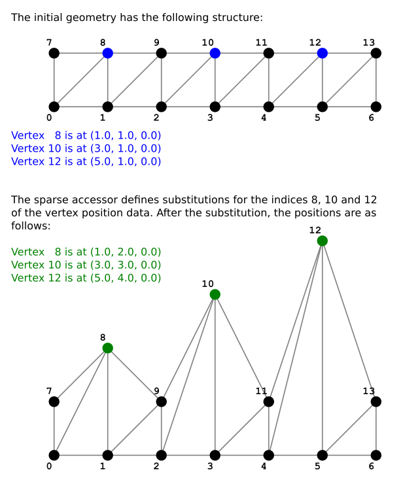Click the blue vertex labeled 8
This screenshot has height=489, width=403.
pyautogui.click(x=108, y=53)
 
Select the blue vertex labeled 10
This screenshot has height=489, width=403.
pyautogui.click(x=215, y=53)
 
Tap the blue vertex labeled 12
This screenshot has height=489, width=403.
pyautogui.click(x=323, y=53)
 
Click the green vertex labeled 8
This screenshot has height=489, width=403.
pyautogui.click(x=108, y=348)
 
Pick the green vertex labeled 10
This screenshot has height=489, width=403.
pyautogui.click(x=215, y=294)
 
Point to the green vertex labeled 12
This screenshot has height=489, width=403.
pyautogui.click(x=323, y=241)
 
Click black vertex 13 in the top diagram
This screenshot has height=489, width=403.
pyautogui.click(x=376, y=53)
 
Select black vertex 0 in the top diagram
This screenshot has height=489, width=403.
pyautogui.click(x=54, y=107)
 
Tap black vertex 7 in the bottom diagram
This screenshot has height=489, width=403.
pyautogui.click(x=54, y=401)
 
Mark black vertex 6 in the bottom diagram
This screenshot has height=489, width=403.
pyautogui.click(x=376, y=455)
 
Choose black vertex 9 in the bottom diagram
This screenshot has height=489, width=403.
pyautogui.click(x=162, y=401)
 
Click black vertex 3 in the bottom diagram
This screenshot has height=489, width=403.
pyautogui.click(x=215, y=455)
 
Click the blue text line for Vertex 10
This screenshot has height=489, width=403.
pyautogui.click(x=86, y=148)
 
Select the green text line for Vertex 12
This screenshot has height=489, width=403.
pyautogui.click(x=86, y=278)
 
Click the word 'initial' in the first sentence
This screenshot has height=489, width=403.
pyautogui.click(x=48, y=18)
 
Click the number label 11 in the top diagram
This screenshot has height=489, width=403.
pyautogui.click(x=261, y=42)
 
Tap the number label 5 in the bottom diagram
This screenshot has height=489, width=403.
pyautogui.click(x=317, y=466)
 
